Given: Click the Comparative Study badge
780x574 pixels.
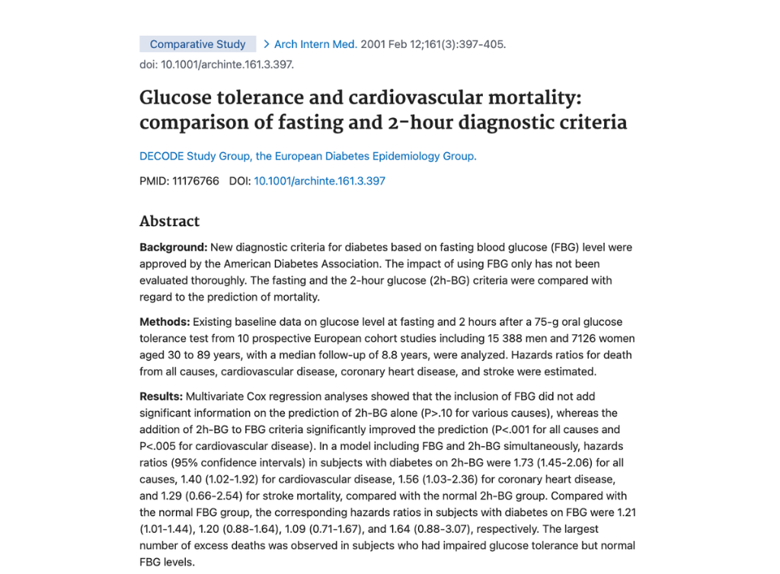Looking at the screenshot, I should pyautogui.click(x=197, y=44).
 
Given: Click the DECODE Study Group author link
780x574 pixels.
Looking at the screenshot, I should pyautogui.click(x=308, y=156).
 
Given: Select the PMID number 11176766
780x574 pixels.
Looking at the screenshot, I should pyautogui.click(x=197, y=181).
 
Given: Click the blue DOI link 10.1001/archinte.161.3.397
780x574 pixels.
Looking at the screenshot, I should pyautogui.click(x=319, y=181).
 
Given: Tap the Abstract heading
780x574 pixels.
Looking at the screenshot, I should pyautogui.click(x=169, y=222).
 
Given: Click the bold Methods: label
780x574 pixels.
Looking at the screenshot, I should pyautogui.click(x=165, y=322).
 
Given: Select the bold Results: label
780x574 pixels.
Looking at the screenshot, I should pyautogui.click(x=161, y=397).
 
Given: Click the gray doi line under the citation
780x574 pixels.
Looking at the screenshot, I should pyautogui.click(x=216, y=64).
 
